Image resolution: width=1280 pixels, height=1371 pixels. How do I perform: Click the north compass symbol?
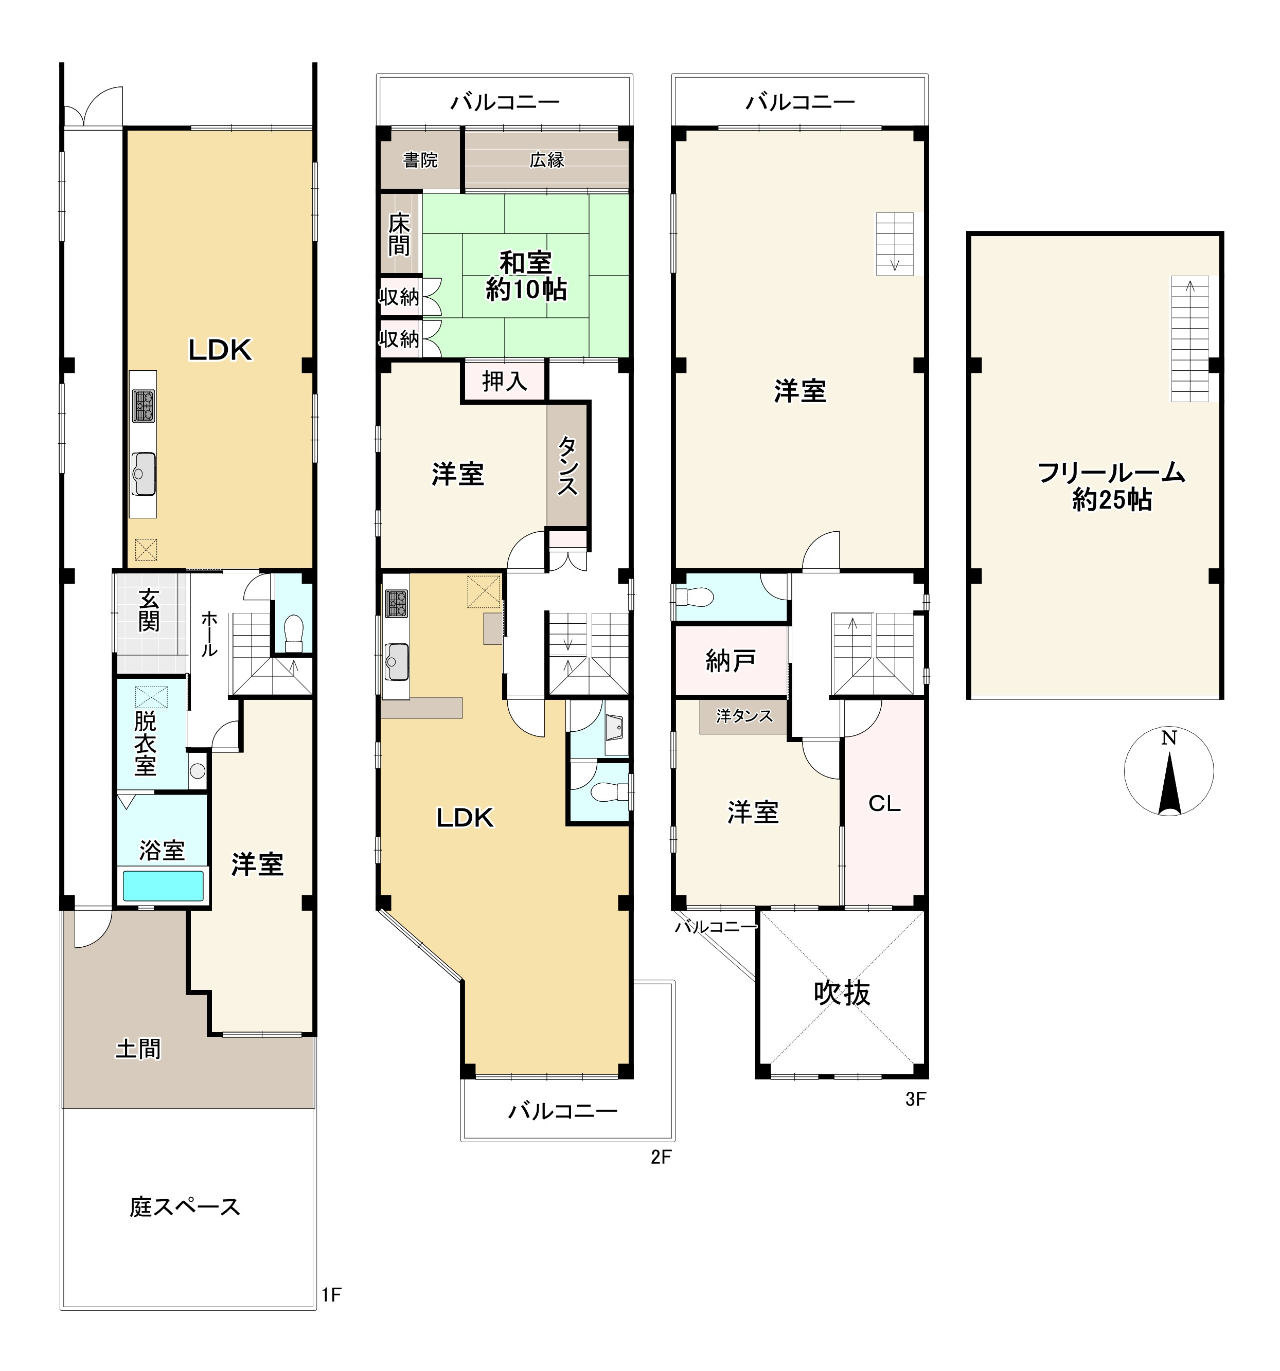1168,771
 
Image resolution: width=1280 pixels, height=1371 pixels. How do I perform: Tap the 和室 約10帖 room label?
526,276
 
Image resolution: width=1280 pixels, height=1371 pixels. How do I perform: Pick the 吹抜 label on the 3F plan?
842,993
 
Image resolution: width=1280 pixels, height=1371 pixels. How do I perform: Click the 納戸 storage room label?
730,661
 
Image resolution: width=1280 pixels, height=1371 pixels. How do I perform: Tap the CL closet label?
884,803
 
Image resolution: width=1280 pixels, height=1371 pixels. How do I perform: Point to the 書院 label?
420,160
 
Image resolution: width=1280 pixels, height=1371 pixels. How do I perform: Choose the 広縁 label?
547,160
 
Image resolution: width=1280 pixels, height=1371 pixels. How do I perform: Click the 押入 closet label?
504,381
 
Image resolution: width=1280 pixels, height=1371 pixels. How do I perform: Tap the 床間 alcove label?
399,234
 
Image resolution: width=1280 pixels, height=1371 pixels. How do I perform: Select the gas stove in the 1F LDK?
144,406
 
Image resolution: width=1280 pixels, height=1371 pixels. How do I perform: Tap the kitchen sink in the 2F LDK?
396,661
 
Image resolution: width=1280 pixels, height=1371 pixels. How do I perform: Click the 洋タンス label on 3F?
744,716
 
